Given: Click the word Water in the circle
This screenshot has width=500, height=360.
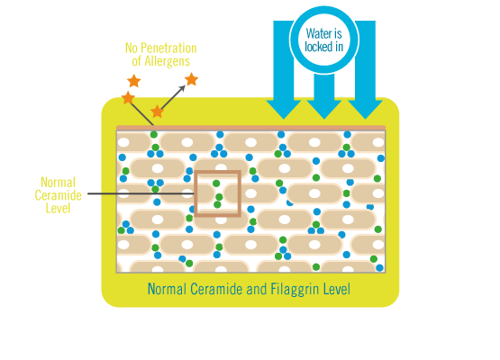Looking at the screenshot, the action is (315, 33).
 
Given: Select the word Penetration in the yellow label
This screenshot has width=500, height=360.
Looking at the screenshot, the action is (168, 48).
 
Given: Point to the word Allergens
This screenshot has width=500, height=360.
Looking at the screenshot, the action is (167, 61).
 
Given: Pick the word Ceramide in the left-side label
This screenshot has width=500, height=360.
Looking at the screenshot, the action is (58, 195).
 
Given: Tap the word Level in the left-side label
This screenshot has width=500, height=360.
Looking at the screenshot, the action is (58, 209).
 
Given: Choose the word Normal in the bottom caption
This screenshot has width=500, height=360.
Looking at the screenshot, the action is (167, 289).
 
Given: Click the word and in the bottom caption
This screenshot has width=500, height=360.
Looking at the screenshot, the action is (257, 289).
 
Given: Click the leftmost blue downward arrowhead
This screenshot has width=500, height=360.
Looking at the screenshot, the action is (284, 109).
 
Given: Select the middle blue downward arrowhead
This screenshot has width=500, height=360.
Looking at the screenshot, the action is (324, 109).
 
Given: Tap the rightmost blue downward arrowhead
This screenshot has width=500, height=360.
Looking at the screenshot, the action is (365, 109).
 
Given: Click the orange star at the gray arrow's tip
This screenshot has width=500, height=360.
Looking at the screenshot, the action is (191, 79).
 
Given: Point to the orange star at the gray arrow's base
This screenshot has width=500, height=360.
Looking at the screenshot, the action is (157, 112).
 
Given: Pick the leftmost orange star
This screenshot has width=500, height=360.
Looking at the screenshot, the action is (128, 98).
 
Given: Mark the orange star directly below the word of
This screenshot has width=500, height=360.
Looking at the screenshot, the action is (134, 81).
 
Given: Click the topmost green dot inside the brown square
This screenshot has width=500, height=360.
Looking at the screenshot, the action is (216, 184).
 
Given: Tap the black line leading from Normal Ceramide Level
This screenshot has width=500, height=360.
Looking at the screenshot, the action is (141, 193).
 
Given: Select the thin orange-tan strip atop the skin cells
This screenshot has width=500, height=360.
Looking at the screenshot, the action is (251, 128).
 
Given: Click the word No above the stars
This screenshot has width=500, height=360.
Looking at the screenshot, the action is (132, 48).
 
